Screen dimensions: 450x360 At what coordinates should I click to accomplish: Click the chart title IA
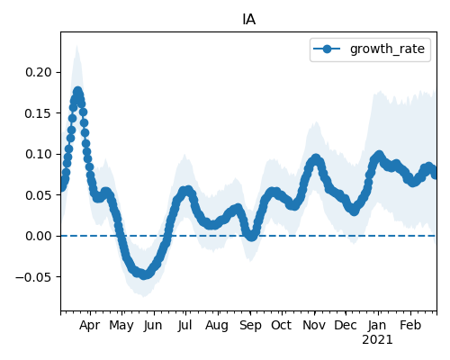(248, 20)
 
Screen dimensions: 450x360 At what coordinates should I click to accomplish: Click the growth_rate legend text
(387, 49)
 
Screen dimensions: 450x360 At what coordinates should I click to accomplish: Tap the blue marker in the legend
(327, 49)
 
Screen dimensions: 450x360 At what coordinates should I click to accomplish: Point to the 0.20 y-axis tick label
(39, 72)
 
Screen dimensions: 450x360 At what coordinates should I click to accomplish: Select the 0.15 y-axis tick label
(39, 113)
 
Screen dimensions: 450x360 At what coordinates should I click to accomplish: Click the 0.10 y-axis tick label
(39, 154)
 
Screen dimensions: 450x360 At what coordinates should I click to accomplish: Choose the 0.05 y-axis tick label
(39, 195)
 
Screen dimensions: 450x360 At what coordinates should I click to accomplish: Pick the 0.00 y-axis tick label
(39, 236)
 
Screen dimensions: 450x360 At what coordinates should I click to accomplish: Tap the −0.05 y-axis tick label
(33, 276)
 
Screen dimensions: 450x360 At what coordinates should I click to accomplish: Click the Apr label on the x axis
(89, 326)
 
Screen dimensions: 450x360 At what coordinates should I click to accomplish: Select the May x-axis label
(121, 326)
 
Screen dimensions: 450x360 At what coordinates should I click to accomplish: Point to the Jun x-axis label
(153, 325)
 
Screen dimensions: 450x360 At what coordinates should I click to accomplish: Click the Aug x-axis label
(217, 326)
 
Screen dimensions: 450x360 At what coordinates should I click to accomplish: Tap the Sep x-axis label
(250, 326)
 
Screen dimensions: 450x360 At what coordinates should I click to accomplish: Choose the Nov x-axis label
(314, 325)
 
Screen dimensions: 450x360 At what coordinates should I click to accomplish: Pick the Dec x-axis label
(346, 325)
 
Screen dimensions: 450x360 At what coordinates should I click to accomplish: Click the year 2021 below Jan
(377, 340)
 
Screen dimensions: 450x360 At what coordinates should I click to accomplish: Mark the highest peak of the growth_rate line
(78, 91)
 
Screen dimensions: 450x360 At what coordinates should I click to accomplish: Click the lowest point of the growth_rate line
(144, 274)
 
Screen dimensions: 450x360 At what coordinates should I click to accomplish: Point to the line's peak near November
(316, 158)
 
